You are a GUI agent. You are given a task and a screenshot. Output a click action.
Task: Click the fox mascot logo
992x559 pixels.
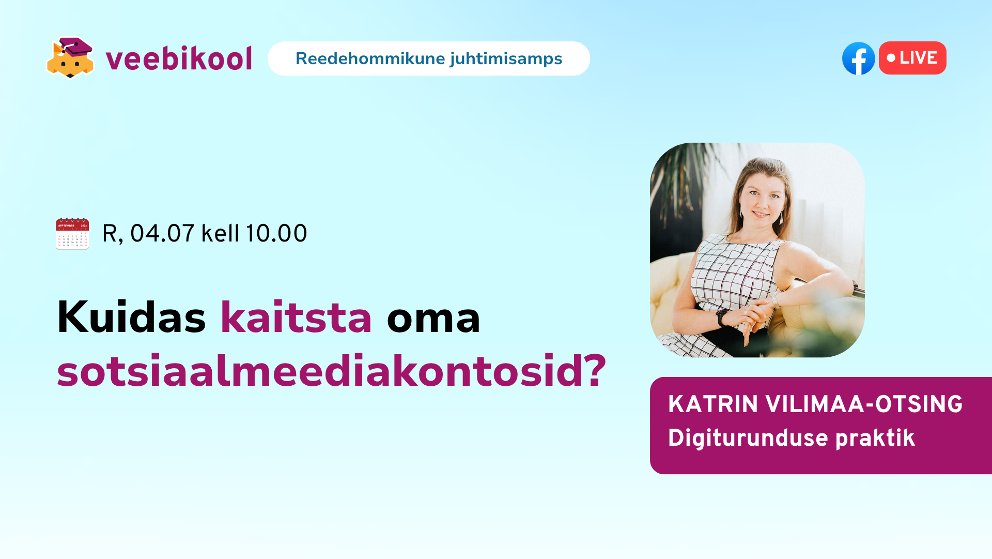coord(70,57)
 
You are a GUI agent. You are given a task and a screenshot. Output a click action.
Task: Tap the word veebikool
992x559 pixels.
coord(179,58)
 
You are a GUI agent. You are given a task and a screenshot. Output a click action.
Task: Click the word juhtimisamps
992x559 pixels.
coord(506,59)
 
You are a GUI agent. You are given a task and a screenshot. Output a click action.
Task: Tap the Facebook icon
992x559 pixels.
coord(858,58)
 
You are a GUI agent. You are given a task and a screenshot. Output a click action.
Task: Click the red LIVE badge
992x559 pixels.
coord(912,58)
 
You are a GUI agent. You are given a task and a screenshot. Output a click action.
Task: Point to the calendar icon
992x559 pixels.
coord(72,233)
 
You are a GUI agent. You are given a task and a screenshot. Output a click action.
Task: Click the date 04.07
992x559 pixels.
coord(162,233)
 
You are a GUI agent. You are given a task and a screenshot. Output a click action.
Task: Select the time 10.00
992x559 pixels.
coord(276,233)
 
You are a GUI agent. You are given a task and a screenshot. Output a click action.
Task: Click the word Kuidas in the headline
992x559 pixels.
coord(131,317)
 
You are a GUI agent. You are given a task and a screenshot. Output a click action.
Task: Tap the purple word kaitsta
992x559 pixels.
coord(296,317)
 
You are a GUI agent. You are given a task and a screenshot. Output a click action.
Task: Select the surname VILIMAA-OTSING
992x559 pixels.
coord(864,404)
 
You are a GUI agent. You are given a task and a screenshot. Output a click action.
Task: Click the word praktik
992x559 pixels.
coord(875,439)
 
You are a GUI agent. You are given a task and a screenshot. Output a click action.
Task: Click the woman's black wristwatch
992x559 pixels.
coord(721,317)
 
